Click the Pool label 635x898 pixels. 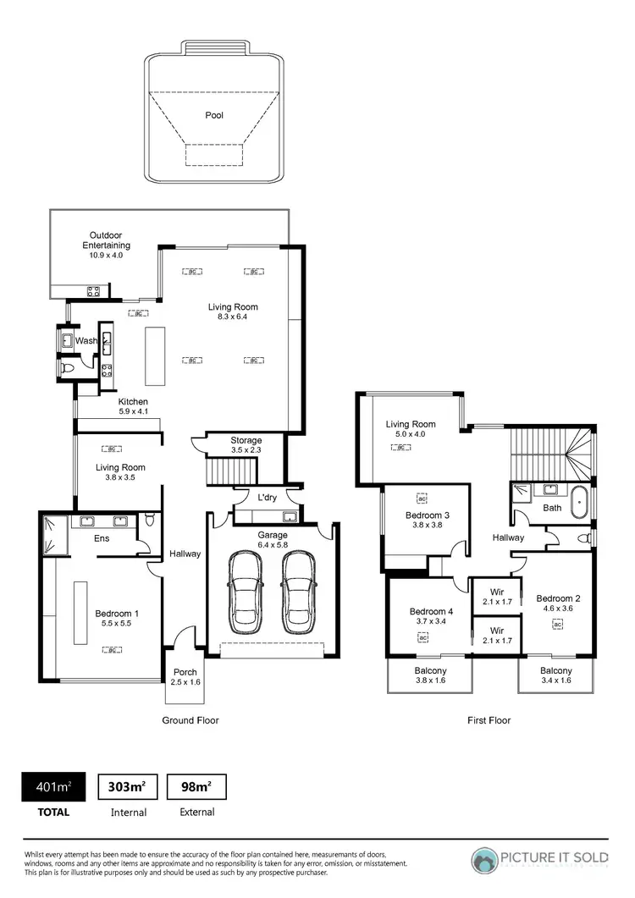[214, 115]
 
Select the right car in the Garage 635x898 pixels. [299, 592]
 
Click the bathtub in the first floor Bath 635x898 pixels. [580, 502]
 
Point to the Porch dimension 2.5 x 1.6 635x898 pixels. [185, 681]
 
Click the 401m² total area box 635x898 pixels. [52, 787]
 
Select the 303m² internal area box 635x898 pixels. [128, 787]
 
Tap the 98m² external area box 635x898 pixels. [197, 787]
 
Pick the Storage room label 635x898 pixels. [246, 440]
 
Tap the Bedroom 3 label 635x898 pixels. [428, 515]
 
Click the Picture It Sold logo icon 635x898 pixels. [485, 861]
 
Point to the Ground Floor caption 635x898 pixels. [190, 720]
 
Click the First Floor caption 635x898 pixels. [489, 720]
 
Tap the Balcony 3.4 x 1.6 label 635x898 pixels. [556, 670]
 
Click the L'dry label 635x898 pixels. [268, 498]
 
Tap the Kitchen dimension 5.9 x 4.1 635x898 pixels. [133, 412]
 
